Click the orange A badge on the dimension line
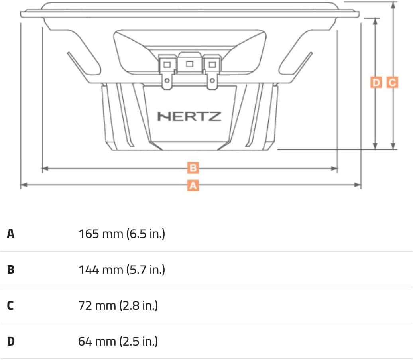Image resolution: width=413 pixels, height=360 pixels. click(193, 185)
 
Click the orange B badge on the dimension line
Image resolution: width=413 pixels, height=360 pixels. click(193, 168)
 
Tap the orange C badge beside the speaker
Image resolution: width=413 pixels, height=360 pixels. click(392, 82)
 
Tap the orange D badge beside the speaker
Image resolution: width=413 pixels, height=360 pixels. click(376, 82)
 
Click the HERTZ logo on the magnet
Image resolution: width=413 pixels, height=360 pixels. click(189, 116)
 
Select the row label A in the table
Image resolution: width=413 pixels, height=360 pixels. click(10, 234)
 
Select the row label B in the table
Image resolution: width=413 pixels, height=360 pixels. click(10, 270)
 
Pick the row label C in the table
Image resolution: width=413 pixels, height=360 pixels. click(10, 305)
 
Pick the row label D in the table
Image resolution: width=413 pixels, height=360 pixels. click(11, 341)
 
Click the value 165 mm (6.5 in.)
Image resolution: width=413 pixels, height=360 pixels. click(122, 234)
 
